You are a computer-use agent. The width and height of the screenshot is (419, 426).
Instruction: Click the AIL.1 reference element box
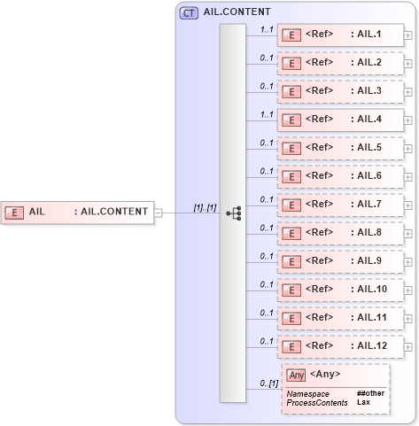click(x=340, y=35)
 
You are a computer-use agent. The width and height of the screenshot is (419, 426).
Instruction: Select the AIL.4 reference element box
click(x=340, y=120)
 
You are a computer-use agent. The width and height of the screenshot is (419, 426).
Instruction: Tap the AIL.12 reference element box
click(x=340, y=347)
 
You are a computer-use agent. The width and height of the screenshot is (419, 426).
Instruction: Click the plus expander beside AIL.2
click(x=407, y=64)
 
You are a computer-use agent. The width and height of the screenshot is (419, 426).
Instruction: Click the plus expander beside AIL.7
click(x=407, y=205)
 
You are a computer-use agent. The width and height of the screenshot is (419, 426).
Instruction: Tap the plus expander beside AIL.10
click(x=407, y=290)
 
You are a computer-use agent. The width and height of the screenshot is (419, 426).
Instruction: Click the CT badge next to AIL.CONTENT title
click(x=189, y=13)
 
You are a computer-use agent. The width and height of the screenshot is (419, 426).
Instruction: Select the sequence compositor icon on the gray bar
click(x=233, y=213)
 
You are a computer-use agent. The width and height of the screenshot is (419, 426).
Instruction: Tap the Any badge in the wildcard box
click(x=297, y=375)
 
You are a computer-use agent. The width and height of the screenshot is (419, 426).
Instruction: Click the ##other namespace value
click(x=370, y=392)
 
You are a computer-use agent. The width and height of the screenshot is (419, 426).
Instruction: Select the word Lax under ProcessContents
click(x=363, y=402)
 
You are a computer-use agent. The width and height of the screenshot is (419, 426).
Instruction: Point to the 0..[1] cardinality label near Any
click(x=268, y=383)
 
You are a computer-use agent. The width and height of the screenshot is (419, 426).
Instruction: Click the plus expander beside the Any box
click(x=407, y=386)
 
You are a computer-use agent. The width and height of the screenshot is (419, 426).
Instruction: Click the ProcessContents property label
click(x=316, y=402)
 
